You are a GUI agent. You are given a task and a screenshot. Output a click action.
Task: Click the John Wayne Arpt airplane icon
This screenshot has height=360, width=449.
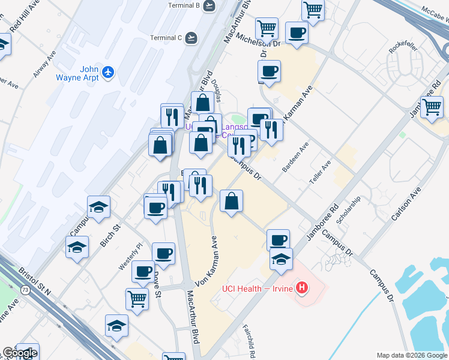tap(109, 72)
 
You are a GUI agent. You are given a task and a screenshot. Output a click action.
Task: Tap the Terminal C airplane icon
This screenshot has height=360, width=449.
tap(191, 38)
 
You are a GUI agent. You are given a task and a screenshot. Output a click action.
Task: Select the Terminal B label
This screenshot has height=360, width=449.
tap(183, 6)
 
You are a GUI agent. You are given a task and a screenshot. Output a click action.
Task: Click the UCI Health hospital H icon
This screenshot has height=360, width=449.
tap(303, 289)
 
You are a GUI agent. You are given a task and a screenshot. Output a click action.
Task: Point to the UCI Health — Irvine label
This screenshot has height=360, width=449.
tap(257, 289)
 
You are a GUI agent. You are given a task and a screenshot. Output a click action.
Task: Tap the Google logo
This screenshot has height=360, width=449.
tap(19, 353)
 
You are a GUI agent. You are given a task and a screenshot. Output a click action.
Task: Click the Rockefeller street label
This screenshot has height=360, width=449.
tap(403, 49)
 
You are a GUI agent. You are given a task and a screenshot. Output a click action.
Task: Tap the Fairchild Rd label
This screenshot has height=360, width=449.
tap(250, 341)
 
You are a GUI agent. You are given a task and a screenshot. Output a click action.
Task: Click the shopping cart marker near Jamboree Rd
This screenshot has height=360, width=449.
tap(432, 108)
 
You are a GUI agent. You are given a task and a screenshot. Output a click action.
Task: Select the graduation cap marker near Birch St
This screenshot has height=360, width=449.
tap(98, 208)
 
